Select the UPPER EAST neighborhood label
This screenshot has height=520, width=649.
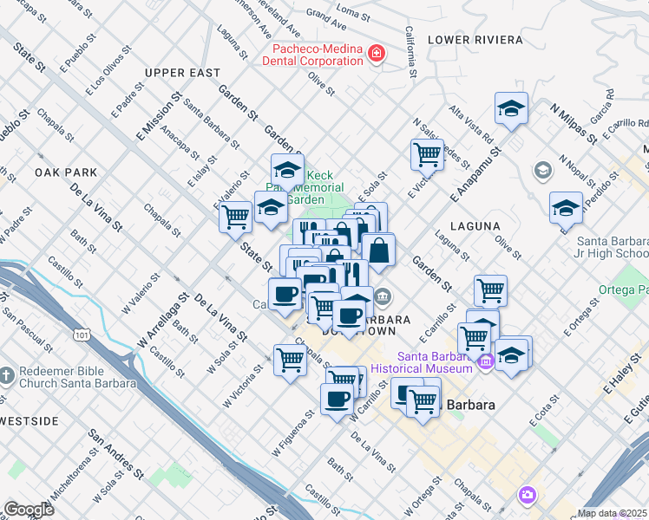(182, 73)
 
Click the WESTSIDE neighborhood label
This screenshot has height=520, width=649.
(29, 421)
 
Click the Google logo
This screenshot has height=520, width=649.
(29, 509)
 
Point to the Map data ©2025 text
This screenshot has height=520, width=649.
(612, 513)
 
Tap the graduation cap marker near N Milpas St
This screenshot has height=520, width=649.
(512, 108)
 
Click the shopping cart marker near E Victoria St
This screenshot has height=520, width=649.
(427, 154)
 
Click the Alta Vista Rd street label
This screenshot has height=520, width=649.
(471, 125)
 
